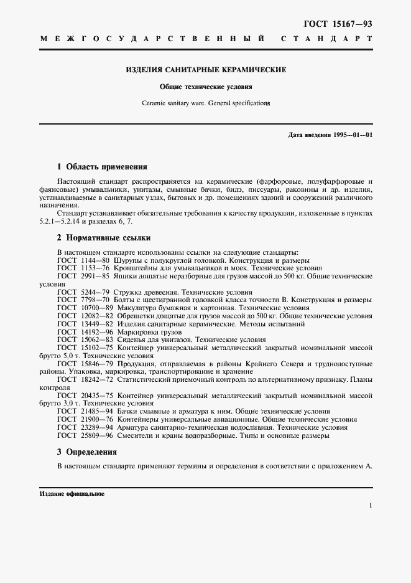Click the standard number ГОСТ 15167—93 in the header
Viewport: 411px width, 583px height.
click(338, 24)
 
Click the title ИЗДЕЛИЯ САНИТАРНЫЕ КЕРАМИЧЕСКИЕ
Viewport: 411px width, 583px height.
click(206, 70)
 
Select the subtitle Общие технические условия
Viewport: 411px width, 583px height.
click(205, 87)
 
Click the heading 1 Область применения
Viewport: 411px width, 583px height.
click(102, 167)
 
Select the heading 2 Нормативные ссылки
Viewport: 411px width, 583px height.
click(103, 238)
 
